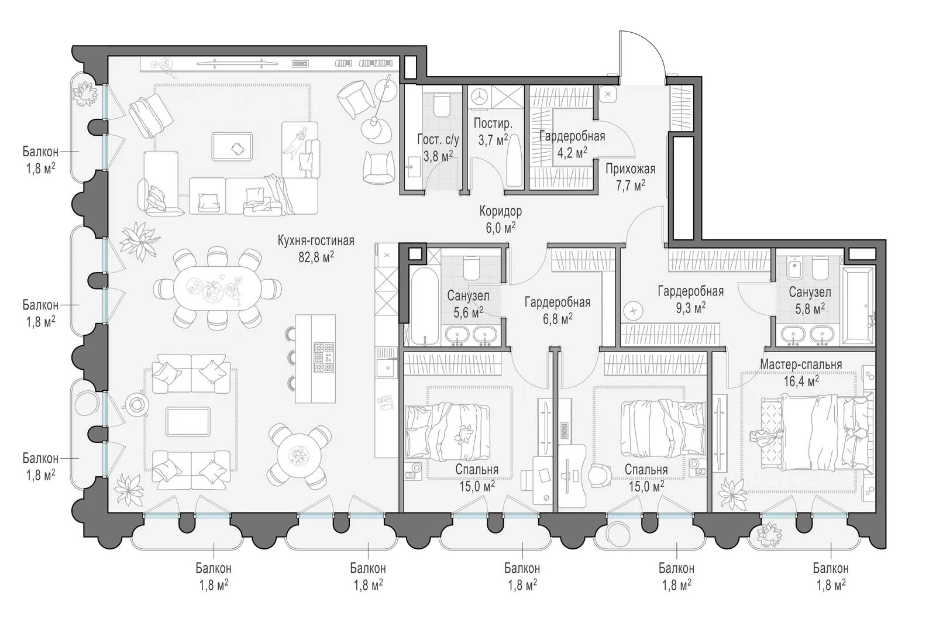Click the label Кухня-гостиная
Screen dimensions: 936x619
click(x=316, y=240)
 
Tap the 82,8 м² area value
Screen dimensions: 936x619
click(x=316, y=257)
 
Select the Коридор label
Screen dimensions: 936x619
click(x=501, y=211)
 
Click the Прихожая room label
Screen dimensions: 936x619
click(x=631, y=169)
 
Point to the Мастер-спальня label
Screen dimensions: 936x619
click(x=801, y=364)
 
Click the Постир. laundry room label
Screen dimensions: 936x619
click(x=493, y=123)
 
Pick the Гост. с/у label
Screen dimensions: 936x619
click(x=438, y=140)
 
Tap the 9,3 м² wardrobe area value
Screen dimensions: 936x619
click(x=691, y=308)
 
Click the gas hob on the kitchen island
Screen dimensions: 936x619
click(x=324, y=358)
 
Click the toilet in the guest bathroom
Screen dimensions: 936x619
click(x=441, y=105)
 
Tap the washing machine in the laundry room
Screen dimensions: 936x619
click(x=479, y=97)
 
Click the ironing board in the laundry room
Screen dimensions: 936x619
click(x=514, y=160)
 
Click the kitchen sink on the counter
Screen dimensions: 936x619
click(x=387, y=368)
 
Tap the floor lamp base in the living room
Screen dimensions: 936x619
click(x=377, y=129)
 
